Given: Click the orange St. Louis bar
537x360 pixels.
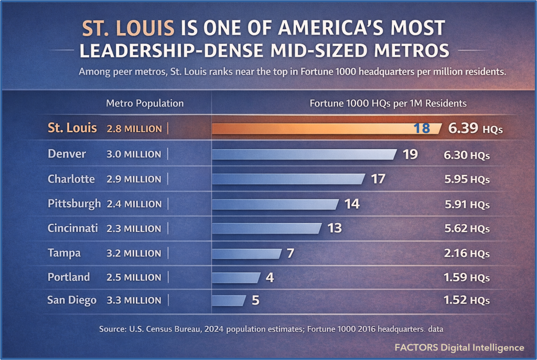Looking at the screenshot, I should (315, 129).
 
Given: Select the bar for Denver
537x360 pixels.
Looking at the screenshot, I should (304, 154).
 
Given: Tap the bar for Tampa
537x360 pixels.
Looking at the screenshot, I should (246, 253).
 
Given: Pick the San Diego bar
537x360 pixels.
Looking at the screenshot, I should (229, 300).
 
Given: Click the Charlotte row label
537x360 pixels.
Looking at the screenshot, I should (71, 179).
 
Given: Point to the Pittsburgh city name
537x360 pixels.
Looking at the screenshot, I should (74, 204).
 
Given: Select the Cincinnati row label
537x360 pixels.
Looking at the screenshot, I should (73, 228).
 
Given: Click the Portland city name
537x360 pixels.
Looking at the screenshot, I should (69, 277).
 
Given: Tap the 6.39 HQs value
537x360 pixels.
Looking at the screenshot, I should (475, 129).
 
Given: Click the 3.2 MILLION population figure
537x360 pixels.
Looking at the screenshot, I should (134, 253).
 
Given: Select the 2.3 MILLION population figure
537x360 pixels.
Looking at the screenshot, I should (134, 229).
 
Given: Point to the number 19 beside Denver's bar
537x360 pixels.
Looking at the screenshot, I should (410, 154).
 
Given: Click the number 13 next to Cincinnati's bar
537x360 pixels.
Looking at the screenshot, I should (334, 228).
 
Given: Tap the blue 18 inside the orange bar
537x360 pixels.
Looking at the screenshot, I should (422, 129).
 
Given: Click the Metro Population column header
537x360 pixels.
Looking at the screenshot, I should (145, 103).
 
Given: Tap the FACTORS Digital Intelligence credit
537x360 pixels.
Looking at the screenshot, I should (459, 347).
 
